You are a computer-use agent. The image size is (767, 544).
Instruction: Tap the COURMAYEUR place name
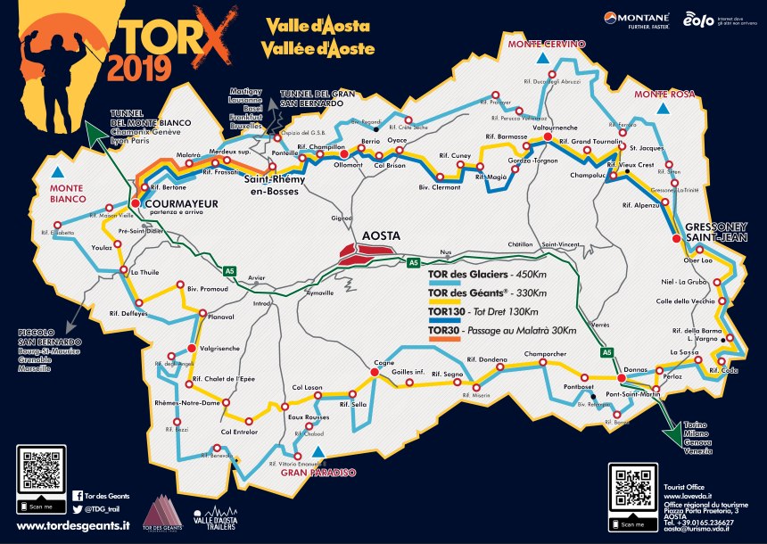click(x=184, y=203)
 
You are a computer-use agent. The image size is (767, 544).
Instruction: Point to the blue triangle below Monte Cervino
click(x=541, y=61)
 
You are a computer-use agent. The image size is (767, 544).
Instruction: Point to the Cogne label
click(x=383, y=364)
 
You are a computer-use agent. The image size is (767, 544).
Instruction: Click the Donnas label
click(x=634, y=367)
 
